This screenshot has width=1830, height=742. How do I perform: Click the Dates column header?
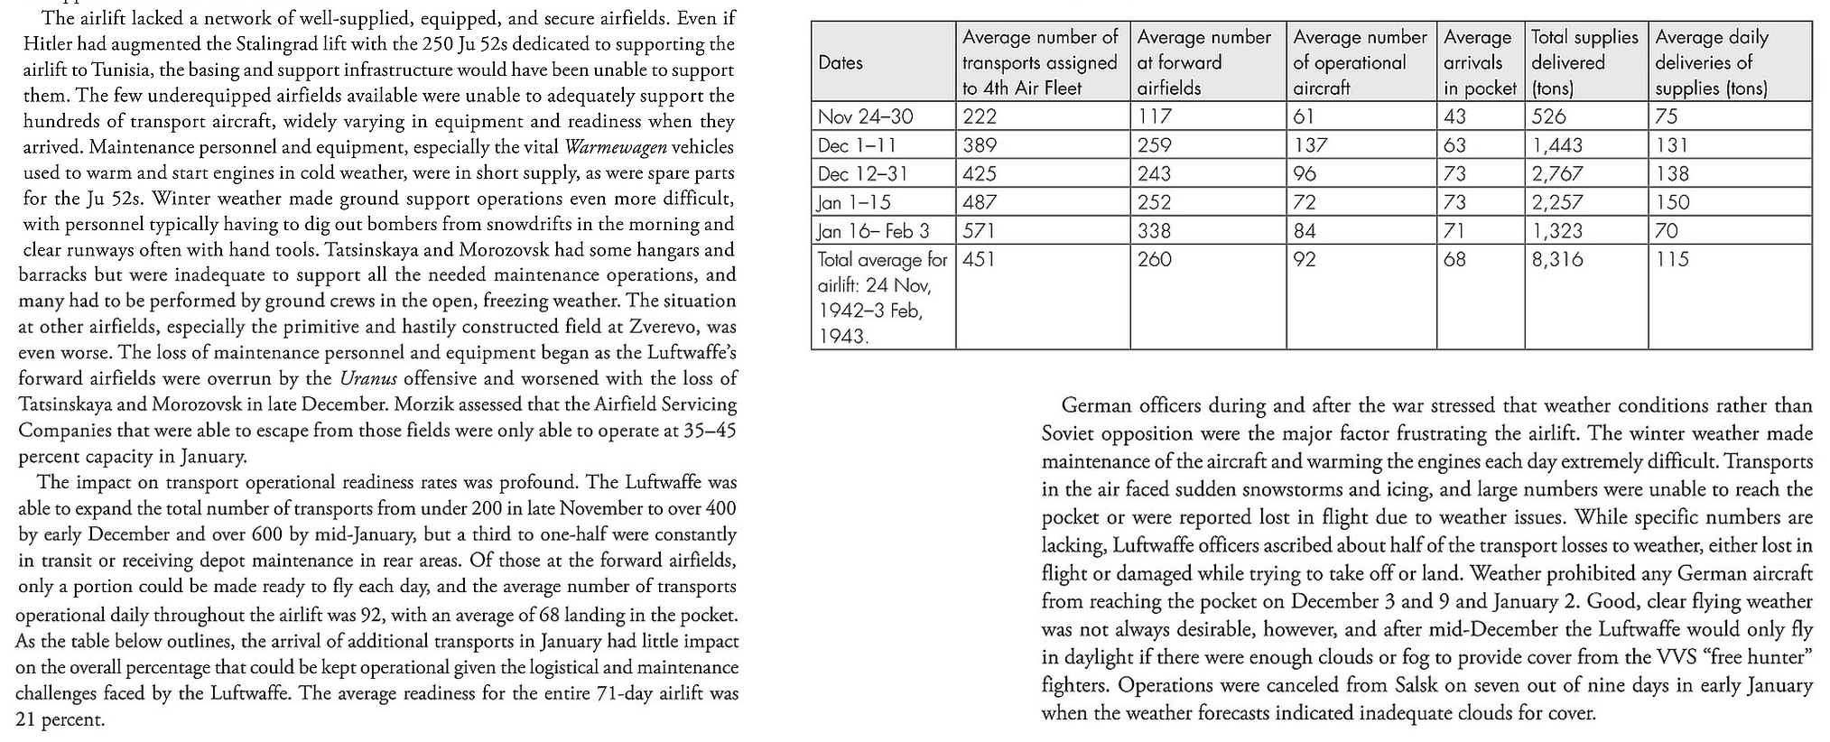tap(841, 62)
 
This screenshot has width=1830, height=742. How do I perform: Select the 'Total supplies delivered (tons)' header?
tap(1584, 62)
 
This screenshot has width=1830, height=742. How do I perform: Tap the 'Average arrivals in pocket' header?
tap(1479, 62)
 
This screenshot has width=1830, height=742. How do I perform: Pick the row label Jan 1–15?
tap(853, 202)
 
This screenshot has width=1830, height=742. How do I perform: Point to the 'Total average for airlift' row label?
tap(882, 297)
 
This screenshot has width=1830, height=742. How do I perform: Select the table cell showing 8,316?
tap(1557, 259)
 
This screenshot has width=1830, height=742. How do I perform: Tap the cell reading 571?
tap(979, 231)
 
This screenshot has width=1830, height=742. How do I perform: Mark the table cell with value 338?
tap(1154, 231)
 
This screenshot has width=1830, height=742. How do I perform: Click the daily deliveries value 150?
tap(1672, 202)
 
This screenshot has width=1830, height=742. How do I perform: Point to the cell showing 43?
tap(1454, 116)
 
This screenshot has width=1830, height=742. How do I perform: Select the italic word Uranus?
tap(368, 378)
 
